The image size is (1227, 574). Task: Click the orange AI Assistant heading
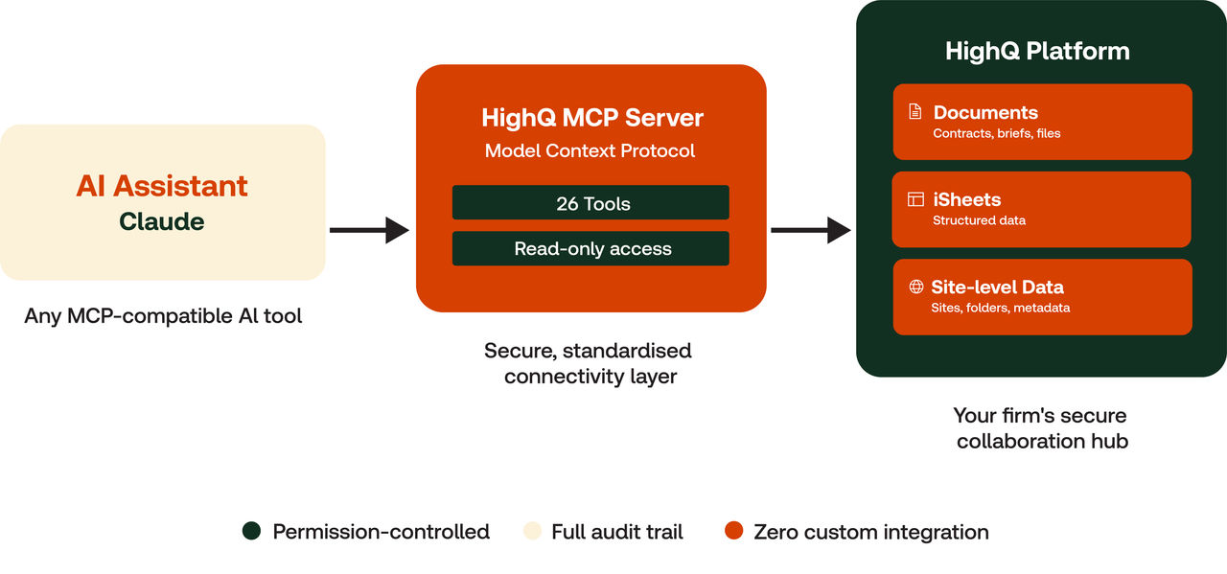point(162,186)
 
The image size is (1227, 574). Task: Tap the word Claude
point(162,221)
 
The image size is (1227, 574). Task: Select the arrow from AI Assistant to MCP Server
point(369,230)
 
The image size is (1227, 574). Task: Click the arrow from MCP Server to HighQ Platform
point(810,230)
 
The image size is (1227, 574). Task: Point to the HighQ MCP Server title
point(591,119)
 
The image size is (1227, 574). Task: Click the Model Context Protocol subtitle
point(590,150)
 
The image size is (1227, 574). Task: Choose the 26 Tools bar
point(591,203)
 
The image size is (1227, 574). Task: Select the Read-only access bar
point(591,249)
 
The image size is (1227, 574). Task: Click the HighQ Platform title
point(1037,51)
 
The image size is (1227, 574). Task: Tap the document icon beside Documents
point(915,112)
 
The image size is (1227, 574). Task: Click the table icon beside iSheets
point(915,199)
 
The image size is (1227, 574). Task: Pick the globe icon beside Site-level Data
point(915,287)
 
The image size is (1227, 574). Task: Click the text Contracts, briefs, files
point(996,134)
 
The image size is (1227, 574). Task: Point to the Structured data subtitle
point(979,221)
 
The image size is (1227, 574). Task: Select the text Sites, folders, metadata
point(1000,309)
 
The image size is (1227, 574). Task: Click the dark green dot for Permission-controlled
point(252,532)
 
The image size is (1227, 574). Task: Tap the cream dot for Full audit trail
point(531,532)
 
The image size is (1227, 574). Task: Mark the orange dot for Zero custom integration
point(734,532)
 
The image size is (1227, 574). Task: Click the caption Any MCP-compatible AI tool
point(163,315)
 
